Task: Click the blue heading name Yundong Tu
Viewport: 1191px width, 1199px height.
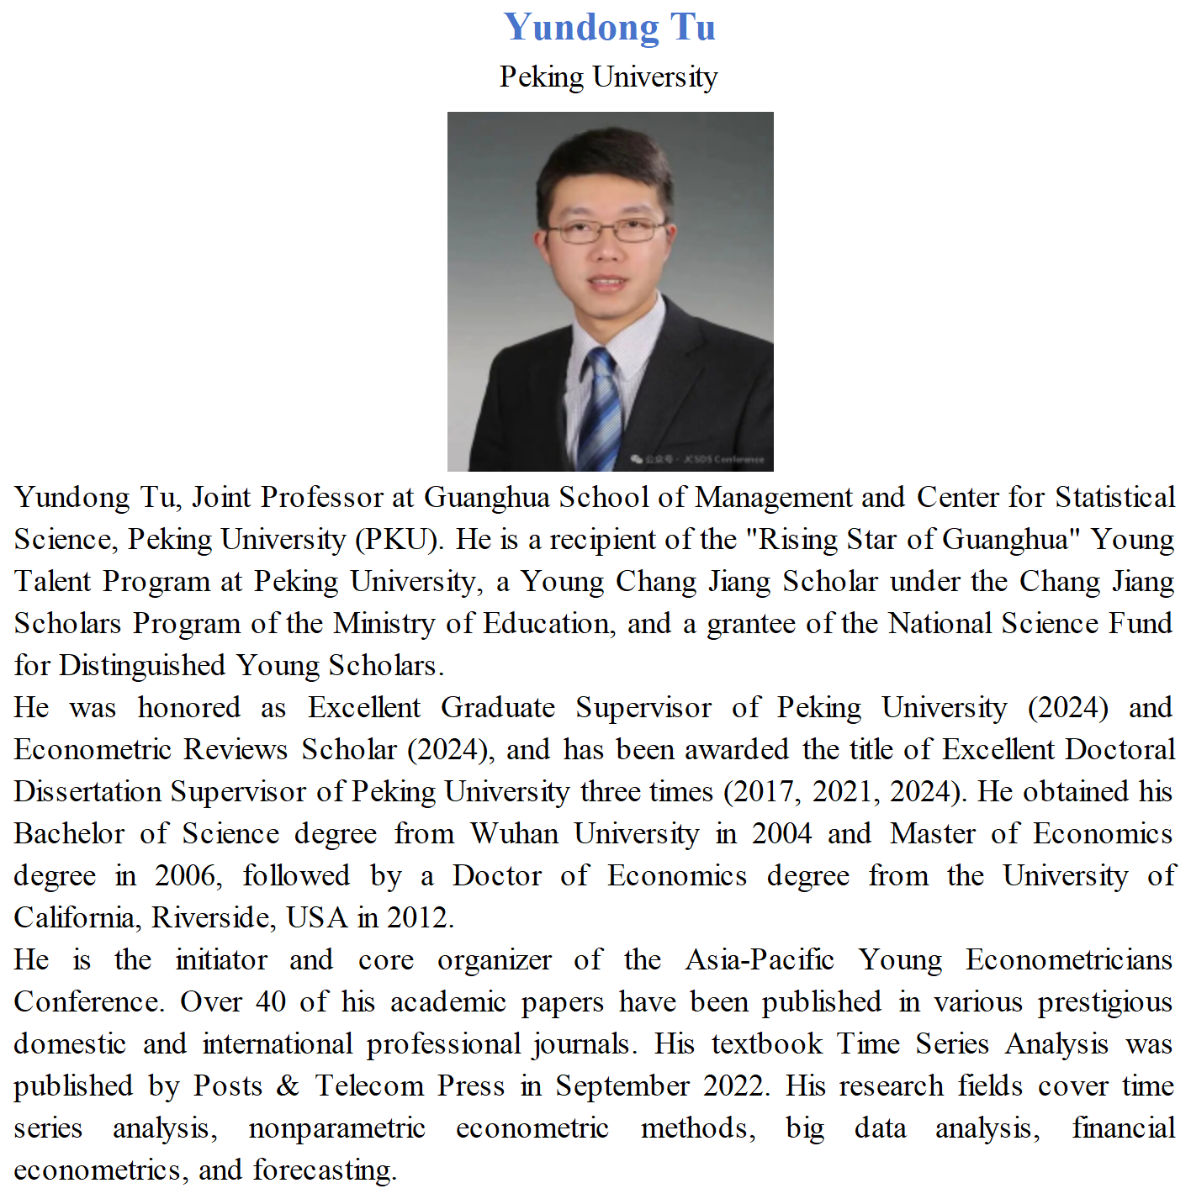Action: [x=609, y=27]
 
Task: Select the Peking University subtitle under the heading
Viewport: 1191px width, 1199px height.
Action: [x=608, y=77]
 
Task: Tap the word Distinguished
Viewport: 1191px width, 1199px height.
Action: [x=142, y=665]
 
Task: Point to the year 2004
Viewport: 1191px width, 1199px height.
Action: [x=782, y=833]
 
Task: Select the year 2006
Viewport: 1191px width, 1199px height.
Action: [x=188, y=875]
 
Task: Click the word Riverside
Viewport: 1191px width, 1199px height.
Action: [x=214, y=917]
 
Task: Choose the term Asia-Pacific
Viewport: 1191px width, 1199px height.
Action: [x=760, y=959]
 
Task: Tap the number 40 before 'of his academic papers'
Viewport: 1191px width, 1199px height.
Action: [x=271, y=1001]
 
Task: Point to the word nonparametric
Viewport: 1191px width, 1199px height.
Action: [x=336, y=1128]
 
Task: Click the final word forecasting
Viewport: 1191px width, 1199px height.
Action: [x=325, y=1170]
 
